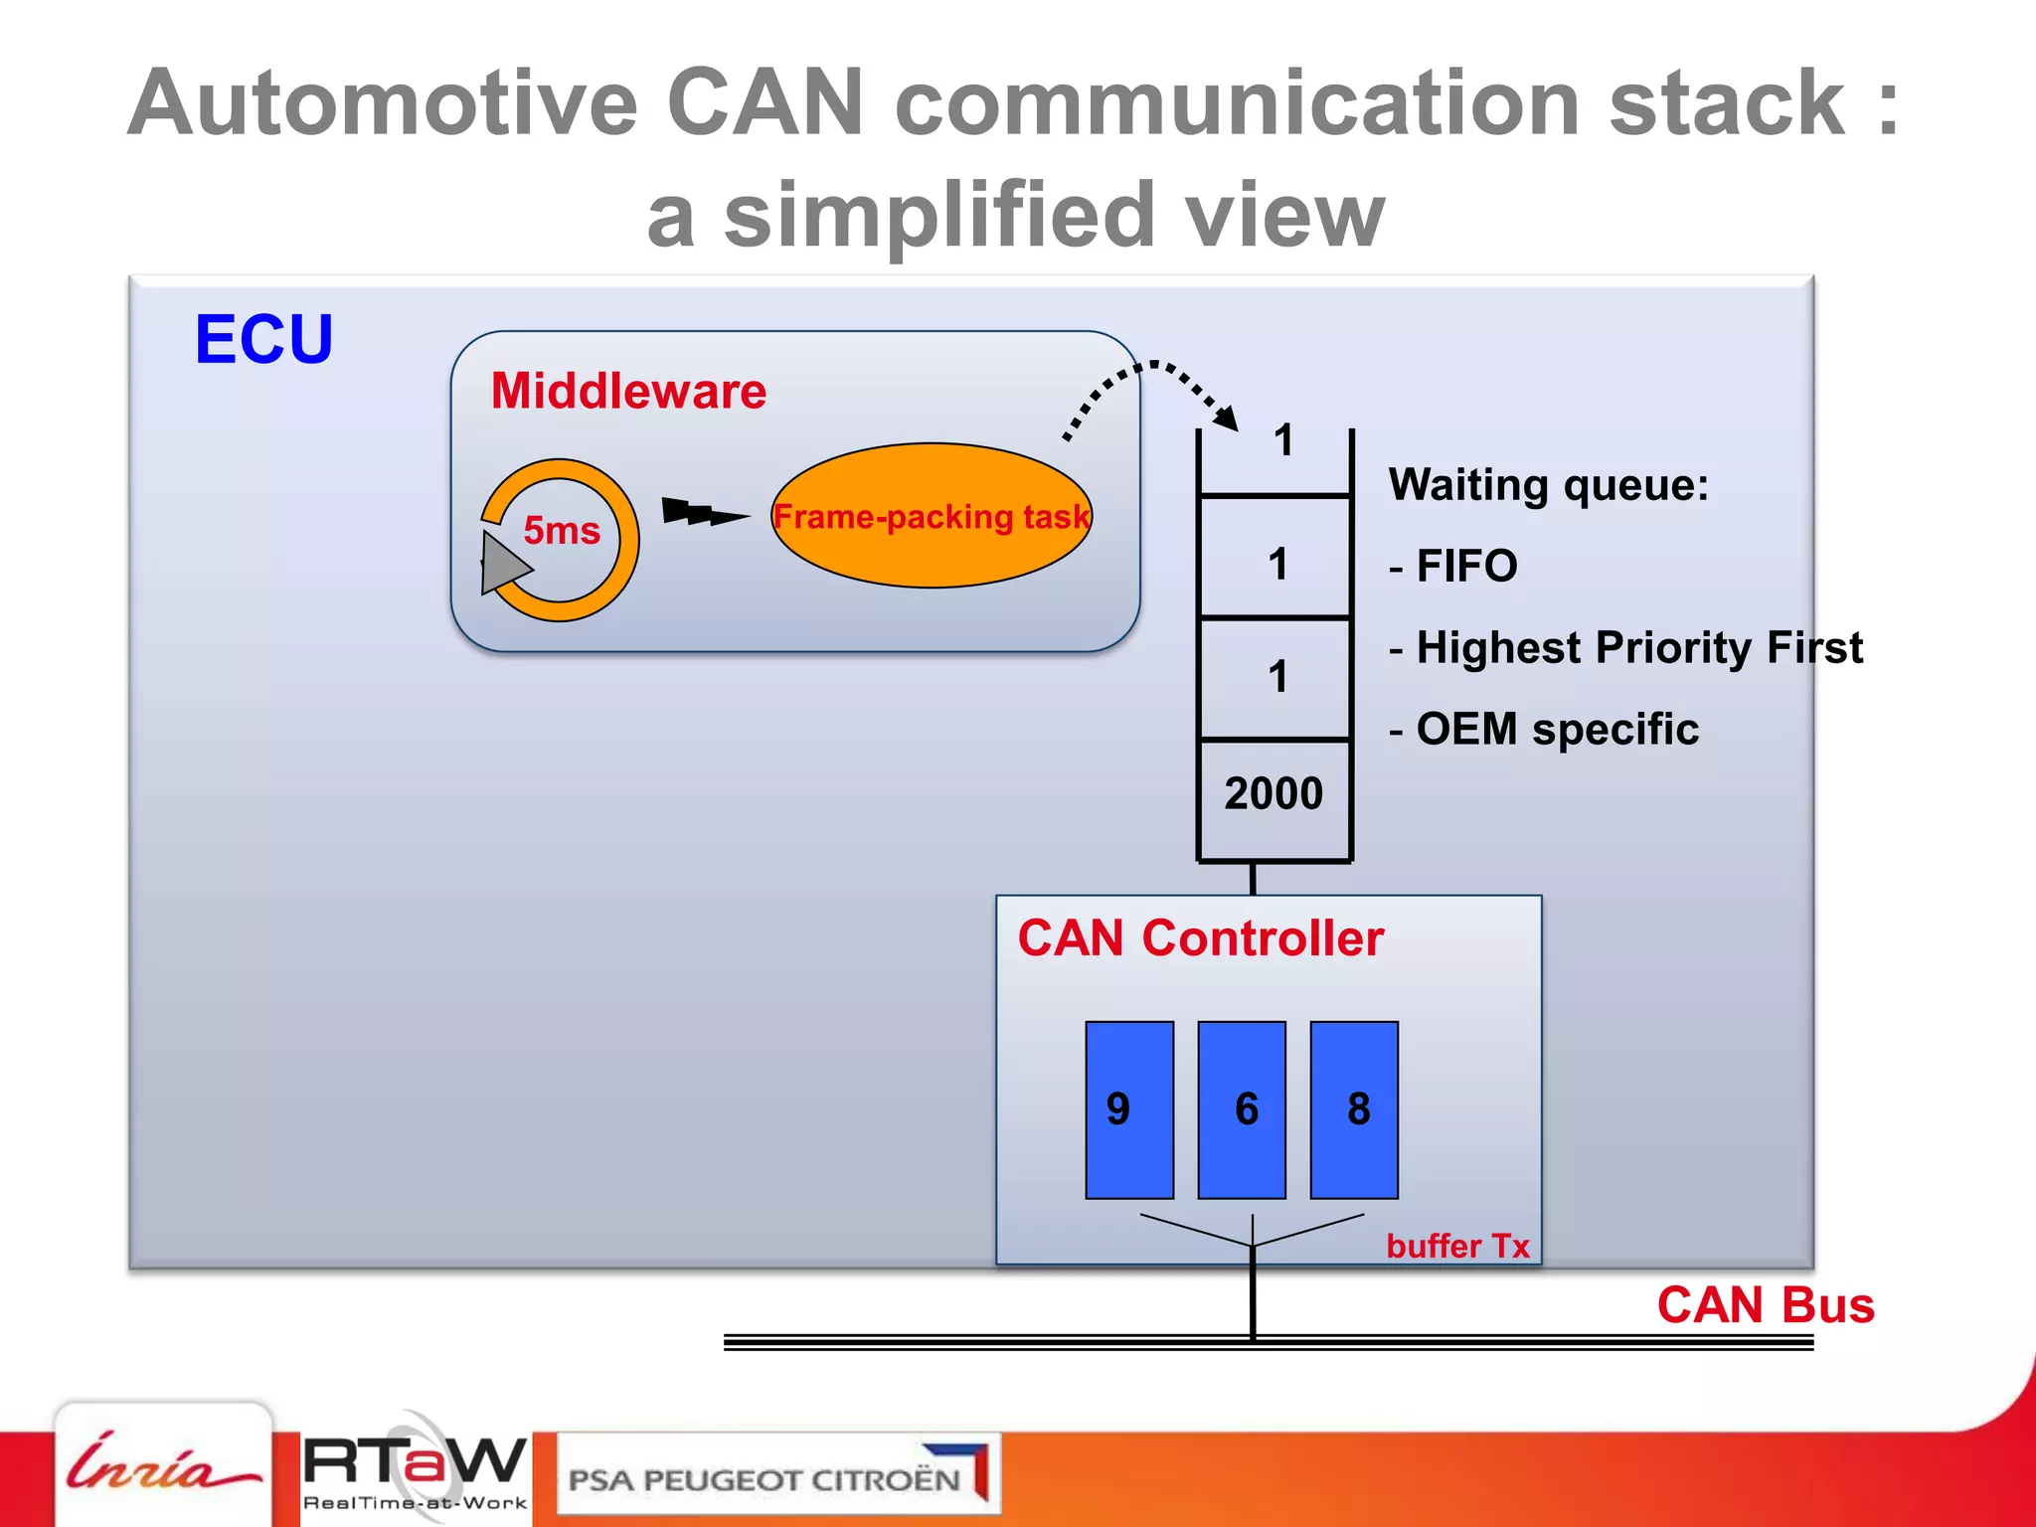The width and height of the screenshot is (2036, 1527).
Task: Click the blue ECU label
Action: click(x=263, y=340)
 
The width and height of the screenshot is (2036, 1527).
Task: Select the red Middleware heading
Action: click(x=628, y=391)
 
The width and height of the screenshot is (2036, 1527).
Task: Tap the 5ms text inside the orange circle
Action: click(x=562, y=530)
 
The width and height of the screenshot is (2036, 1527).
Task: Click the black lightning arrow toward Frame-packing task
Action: click(x=703, y=514)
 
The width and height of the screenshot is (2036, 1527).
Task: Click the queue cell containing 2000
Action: click(x=1274, y=794)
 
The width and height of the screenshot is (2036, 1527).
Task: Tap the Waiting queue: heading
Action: click(x=1548, y=485)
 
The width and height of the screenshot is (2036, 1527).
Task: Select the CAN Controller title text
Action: click(x=1201, y=938)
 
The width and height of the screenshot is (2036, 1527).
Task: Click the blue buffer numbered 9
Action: click(x=1129, y=1109)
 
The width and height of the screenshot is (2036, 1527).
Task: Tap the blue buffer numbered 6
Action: click(x=1242, y=1109)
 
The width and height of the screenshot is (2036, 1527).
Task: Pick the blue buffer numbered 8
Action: click(x=1354, y=1109)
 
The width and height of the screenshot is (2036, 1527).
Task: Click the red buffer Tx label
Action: click(x=1457, y=1246)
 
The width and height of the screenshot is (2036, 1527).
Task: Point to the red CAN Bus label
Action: click(x=1766, y=1305)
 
